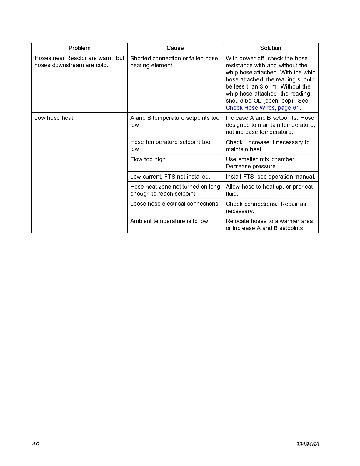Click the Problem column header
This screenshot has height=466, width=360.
point(79,48)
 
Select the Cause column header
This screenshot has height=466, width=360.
point(175,48)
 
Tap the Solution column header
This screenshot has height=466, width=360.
point(271,48)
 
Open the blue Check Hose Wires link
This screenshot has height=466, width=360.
point(262,108)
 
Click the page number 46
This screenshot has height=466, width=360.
point(35,444)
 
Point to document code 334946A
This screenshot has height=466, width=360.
point(307,444)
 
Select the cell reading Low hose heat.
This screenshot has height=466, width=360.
point(55,118)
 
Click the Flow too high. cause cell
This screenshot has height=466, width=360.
point(149,159)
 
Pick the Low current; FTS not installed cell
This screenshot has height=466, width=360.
point(170,177)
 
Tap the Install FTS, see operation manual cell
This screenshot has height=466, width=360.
point(271,177)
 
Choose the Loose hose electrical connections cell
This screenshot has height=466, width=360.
point(175,204)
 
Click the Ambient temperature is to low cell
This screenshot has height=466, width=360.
point(169,221)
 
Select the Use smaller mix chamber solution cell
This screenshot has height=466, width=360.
point(261,163)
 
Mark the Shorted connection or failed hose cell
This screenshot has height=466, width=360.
point(174,62)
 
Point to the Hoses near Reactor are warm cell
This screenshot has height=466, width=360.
point(79,61)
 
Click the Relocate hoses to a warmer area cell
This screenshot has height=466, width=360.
point(269,224)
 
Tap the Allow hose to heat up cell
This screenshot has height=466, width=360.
point(269,190)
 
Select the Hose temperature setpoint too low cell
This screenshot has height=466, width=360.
point(170,145)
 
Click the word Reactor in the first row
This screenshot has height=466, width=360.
point(76,58)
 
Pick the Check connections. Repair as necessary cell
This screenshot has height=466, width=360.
point(266,207)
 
